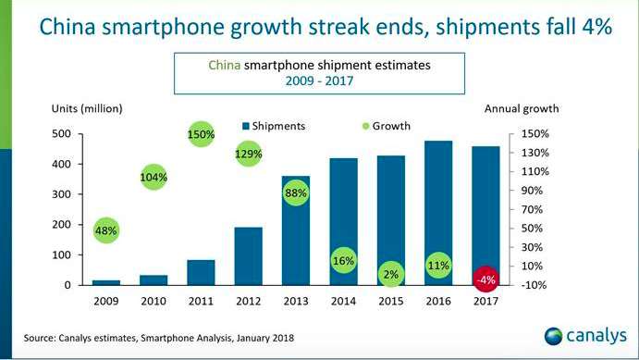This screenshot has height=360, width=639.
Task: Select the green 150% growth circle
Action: pyautogui.click(x=202, y=134)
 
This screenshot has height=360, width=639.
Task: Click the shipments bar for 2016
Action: pyautogui.click(x=438, y=213)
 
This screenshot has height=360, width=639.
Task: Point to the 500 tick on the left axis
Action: pyautogui.click(x=60, y=134)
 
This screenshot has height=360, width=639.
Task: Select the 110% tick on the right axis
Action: pyautogui.click(x=536, y=172)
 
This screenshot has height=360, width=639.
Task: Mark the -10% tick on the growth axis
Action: pyautogui.click(x=536, y=285)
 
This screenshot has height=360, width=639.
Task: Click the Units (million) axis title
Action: pyautogui.click(x=84, y=108)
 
